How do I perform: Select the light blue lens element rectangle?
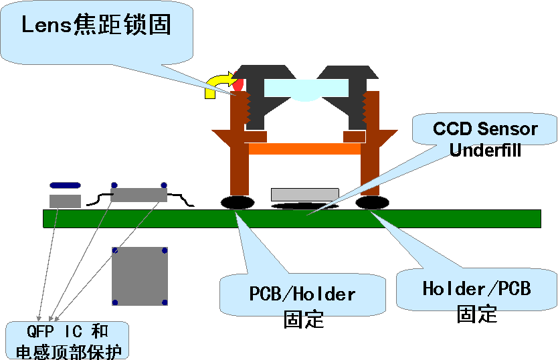click(x=306, y=88)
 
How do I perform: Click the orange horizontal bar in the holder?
click(x=304, y=149)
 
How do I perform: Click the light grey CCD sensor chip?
click(x=304, y=195)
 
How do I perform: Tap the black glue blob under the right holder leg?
click(x=373, y=202)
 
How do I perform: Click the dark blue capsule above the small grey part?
click(x=65, y=185)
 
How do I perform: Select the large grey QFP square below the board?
click(x=139, y=276)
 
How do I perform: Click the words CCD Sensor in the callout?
click(x=485, y=128)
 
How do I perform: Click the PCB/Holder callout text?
click(x=302, y=294)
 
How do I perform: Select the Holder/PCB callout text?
click(x=476, y=288)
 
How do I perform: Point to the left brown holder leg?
click(x=238, y=154)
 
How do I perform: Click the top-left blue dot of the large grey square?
click(x=115, y=250)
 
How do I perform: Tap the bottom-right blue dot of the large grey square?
click(x=164, y=302)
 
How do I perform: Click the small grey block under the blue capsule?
click(x=65, y=201)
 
